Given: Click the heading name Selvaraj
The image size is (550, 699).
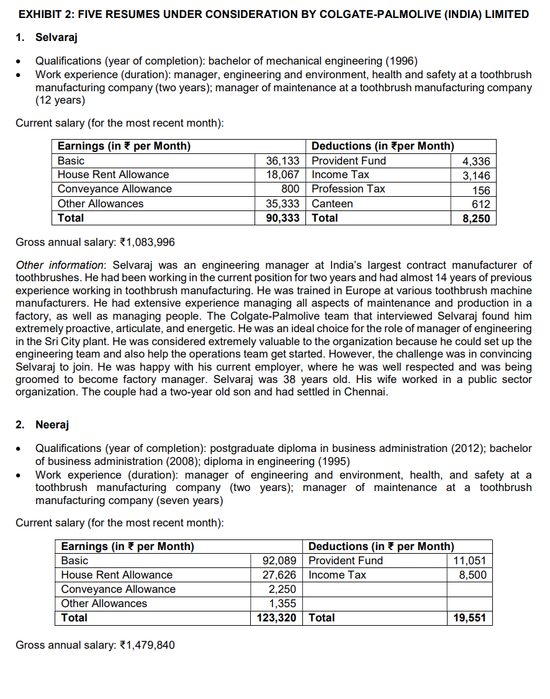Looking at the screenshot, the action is tap(56, 38).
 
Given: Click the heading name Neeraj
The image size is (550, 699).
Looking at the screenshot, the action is tap(52, 425).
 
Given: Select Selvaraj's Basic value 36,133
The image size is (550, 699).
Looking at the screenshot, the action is tap(283, 161).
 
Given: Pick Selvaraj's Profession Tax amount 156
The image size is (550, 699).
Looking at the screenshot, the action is tap(481, 191).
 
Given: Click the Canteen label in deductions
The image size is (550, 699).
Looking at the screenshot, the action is tap(332, 204).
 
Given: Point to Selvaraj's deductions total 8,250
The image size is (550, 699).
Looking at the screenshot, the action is tap(477, 219).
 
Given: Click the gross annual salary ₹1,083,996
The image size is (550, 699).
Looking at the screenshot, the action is tap(140, 242).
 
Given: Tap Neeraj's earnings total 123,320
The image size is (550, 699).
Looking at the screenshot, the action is tap(277, 618).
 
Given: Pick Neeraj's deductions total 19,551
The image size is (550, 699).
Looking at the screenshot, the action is tap(471, 618).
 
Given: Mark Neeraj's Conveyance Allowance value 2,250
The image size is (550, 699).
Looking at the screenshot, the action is tap(282, 589).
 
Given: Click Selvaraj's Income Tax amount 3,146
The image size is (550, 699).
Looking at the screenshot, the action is tap(477, 176).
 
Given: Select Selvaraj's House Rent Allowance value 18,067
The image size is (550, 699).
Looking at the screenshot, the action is tap(283, 174).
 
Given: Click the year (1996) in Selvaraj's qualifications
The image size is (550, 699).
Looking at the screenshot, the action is tap(402, 61).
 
